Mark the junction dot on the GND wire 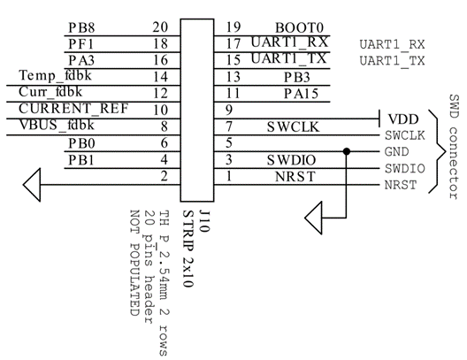pos(348,151)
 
